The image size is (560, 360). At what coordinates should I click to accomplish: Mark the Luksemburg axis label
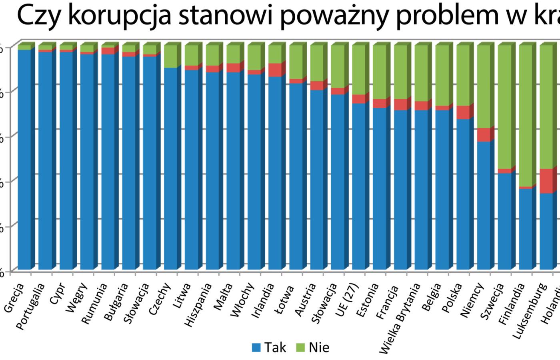pos(530,310)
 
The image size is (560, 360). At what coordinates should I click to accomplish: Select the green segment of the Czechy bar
pos(171,56)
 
